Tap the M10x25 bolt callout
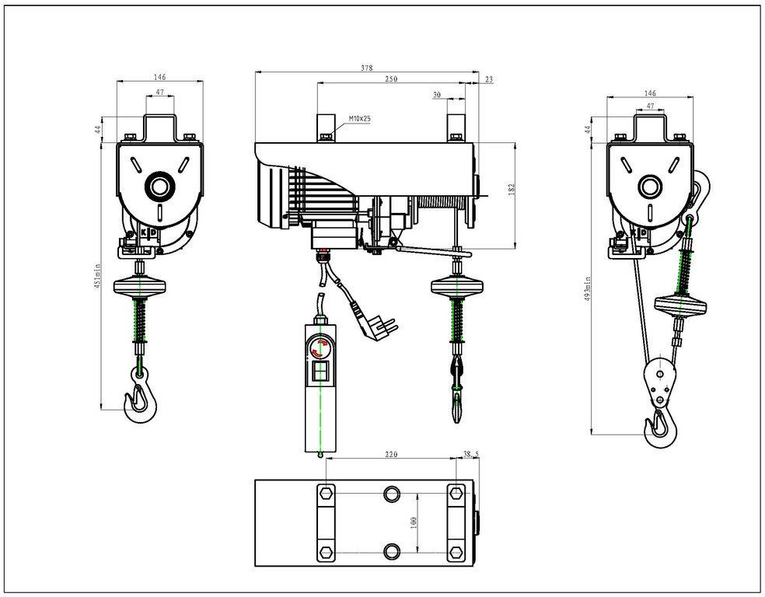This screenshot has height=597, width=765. click(359, 118)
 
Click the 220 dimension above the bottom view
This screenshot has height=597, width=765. click(392, 454)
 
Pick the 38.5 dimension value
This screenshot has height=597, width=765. click(470, 453)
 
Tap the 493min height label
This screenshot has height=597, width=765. click(589, 290)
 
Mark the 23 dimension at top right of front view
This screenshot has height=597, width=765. click(487, 79)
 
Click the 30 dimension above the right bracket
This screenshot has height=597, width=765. click(436, 95)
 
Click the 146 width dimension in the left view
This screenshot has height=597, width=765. click(159, 78)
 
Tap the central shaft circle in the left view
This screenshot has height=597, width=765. click(160, 187)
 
